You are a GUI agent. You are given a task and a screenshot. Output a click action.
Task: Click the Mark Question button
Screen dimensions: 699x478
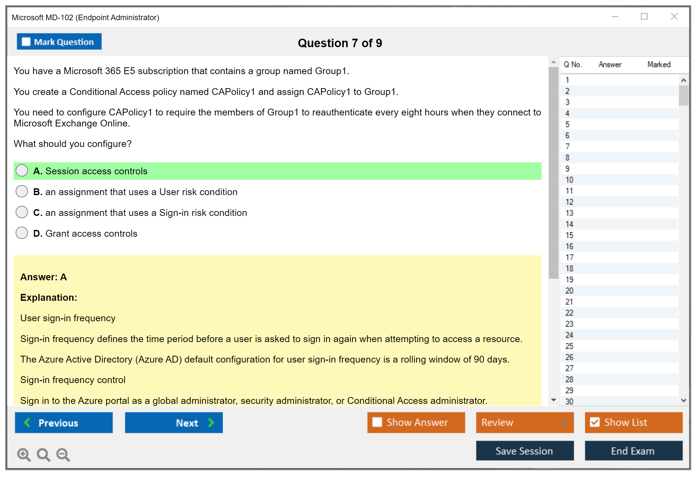[x=59, y=42]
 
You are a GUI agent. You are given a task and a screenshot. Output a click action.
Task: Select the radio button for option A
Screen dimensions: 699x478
[x=22, y=170]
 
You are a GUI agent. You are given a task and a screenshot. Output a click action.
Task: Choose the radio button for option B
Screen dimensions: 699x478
[x=22, y=191]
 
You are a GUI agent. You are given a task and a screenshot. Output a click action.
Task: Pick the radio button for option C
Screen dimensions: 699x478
[x=22, y=212]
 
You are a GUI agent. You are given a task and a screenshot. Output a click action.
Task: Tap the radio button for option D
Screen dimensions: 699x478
[x=22, y=233]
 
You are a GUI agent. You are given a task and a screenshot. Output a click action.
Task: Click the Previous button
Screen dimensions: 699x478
[x=64, y=423]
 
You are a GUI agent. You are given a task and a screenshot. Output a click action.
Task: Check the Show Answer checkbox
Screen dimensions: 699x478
[x=377, y=422]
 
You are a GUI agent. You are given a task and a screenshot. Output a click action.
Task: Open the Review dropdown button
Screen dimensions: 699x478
[x=525, y=423]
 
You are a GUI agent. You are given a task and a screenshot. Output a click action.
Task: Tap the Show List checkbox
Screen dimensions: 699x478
[x=595, y=422]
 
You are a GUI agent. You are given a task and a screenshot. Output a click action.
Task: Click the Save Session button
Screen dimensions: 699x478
[x=525, y=451]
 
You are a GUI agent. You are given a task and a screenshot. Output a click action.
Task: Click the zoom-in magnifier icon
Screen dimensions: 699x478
[x=24, y=455]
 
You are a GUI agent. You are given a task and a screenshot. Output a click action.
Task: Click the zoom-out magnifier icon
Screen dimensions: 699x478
[x=63, y=455]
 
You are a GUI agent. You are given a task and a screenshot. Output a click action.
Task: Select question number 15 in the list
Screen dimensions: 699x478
[x=569, y=235]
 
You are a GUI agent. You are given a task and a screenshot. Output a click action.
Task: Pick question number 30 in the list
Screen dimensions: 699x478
[x=569, y=402]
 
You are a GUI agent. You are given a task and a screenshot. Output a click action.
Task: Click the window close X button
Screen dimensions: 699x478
[x=674, y=17]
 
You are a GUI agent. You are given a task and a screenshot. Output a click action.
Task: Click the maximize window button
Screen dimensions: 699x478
[x=644, y=17]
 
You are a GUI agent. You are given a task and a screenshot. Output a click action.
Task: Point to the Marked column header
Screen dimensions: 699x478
[x=659, y=64]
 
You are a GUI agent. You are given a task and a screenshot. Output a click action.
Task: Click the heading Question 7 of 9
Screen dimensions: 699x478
[x=340, y=43]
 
